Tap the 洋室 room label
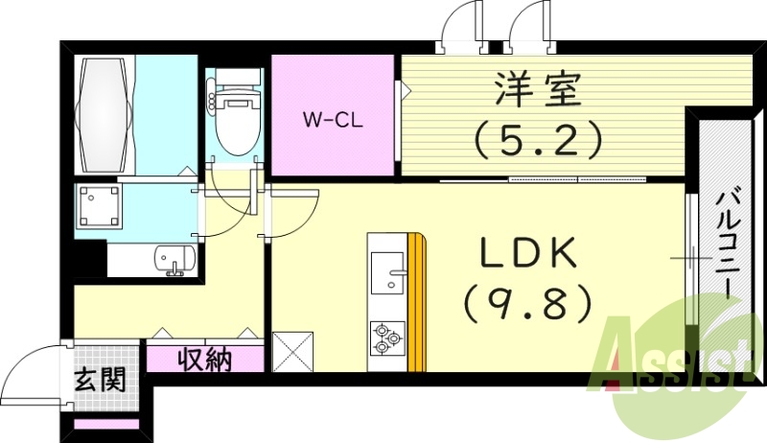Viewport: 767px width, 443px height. [537, 94]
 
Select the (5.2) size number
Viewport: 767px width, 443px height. [537, 140]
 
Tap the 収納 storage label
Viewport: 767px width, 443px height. [204, 361]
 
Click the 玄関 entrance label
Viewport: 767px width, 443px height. [100, 381]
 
